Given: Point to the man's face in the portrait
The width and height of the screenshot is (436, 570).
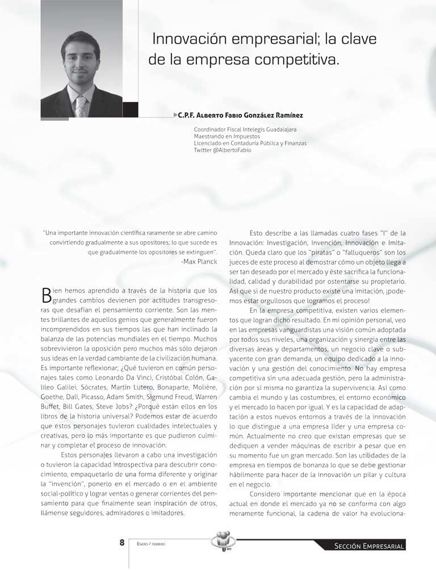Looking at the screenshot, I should point(81,63).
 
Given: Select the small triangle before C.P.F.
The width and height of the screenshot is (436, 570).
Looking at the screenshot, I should point(175,115).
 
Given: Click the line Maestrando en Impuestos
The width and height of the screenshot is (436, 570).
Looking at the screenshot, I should point(227,136).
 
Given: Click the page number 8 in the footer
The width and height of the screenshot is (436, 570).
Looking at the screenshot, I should point(121,543).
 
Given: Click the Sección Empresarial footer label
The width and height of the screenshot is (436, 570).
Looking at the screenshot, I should point(370,546).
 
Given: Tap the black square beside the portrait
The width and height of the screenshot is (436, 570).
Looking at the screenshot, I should point(131,110).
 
